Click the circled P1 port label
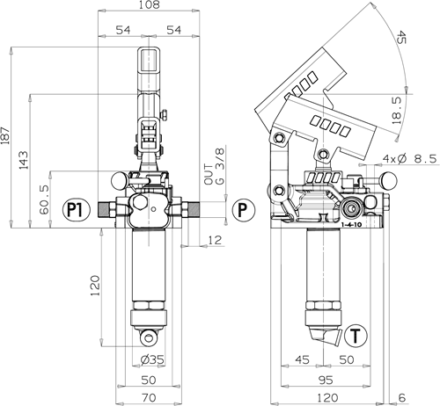[x=77, y=209]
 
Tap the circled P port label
[x=244, y=210]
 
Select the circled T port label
[x=356, y=336]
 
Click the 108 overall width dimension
[x=149, y=4]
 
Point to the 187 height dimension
[x=5, y=135]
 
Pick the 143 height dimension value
[x=24, y=160]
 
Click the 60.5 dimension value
[x=45, y=199]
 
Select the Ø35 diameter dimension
[x=152, y=359]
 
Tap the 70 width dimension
[x=149, y=398]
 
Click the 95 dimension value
[x=326, y=380]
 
